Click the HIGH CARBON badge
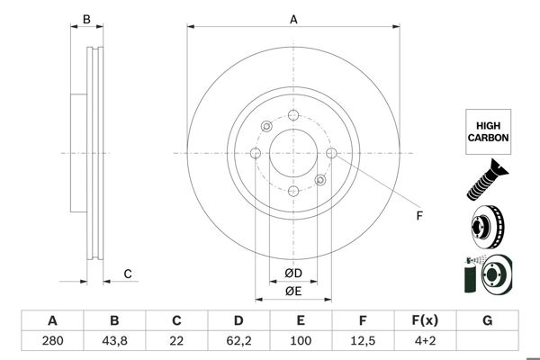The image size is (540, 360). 488,131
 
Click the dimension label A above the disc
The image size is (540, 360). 293,19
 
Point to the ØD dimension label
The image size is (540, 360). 293,273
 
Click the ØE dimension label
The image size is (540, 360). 293,291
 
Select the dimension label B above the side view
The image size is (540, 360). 86,19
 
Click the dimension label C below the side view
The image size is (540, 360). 128,274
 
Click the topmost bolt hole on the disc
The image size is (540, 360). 293,115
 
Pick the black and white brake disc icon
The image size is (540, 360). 487,226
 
